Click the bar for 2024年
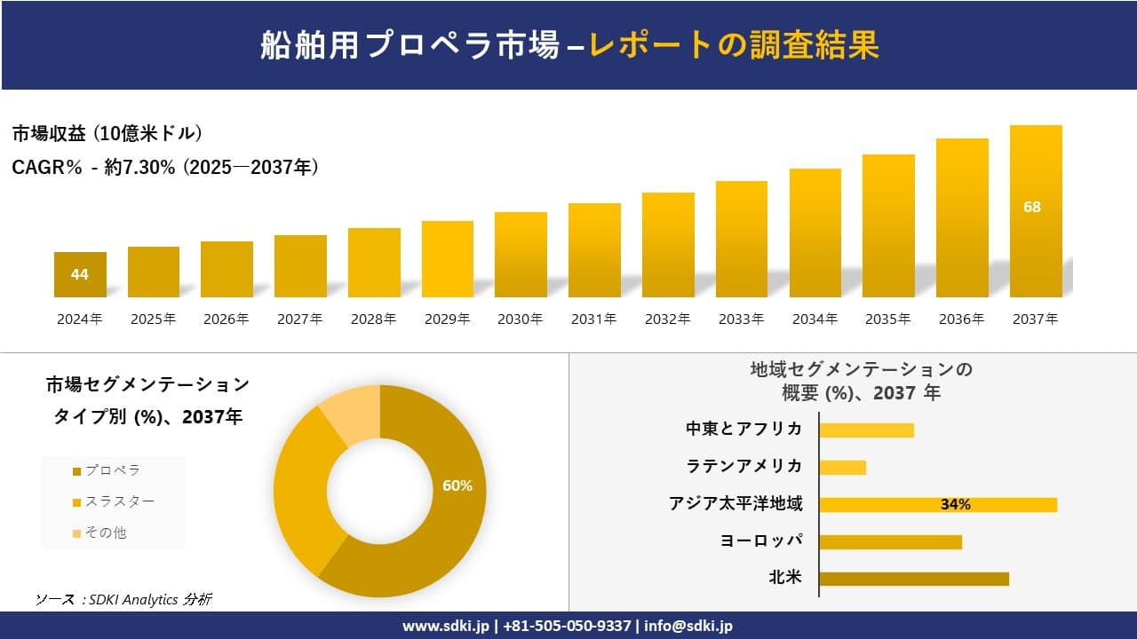80,274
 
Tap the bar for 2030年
521,255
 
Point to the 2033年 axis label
741,319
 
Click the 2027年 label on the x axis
299,319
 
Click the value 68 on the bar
1032,207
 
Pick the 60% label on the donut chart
457,485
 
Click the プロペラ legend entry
107,470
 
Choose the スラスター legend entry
114,501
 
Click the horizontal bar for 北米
914,579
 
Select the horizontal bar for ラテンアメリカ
842,467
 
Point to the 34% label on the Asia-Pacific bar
955,505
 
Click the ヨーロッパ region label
761,540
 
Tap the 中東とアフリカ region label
743,429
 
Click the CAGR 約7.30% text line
165,167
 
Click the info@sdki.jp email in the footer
688,626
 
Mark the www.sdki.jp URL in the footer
445,626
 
